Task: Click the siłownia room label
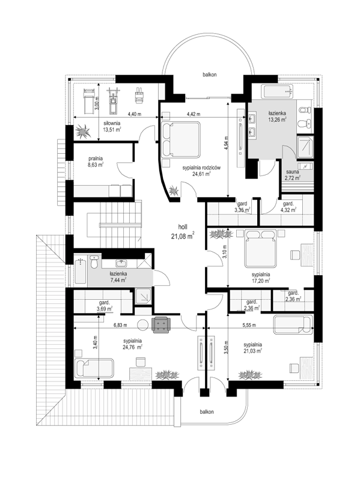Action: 112,123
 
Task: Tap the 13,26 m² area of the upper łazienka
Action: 277,120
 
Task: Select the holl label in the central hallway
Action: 183,227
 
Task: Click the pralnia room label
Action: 95,158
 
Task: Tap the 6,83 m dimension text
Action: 120,325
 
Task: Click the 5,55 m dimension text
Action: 249,325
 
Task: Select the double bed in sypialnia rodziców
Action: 180,139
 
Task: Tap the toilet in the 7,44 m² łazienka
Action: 94,262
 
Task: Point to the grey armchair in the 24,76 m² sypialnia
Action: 161,324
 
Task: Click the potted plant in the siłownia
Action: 82,131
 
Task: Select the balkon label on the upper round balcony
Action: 210,74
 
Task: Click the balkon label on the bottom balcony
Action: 207,412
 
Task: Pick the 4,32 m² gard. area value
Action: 288,210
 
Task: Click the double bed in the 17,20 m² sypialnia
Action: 261,248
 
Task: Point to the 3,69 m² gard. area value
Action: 104,309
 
